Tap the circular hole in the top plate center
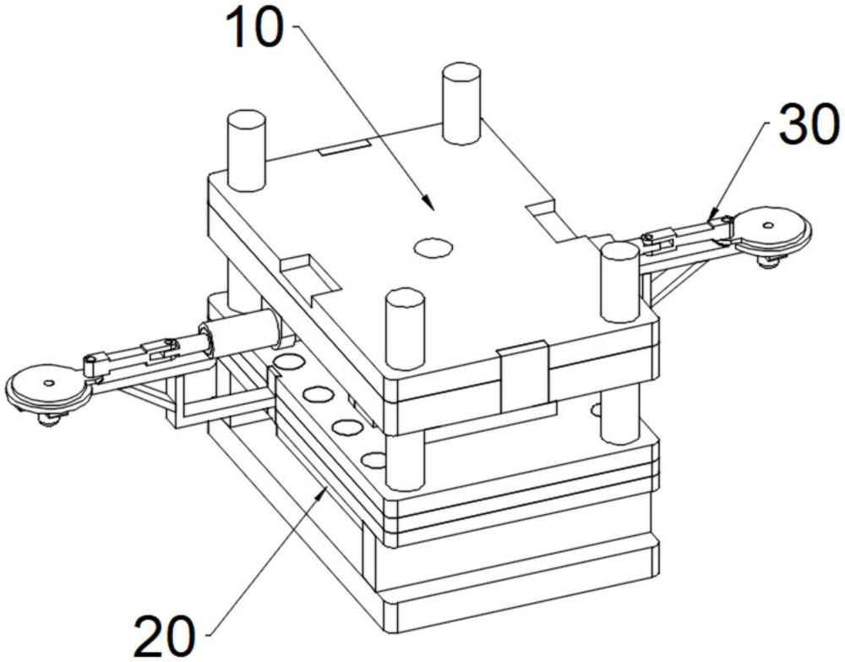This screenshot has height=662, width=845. coord(433,247)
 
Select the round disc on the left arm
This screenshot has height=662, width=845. coord(46,385)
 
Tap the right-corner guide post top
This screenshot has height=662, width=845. coord(619,251)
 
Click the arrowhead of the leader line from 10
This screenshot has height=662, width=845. coord(431,206)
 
